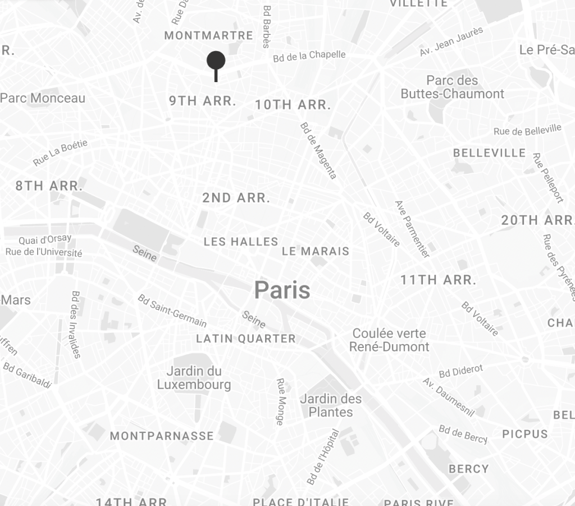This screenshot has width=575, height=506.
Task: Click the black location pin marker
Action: click(x=216, y=61)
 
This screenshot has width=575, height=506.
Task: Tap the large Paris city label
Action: click(x=282, y=290)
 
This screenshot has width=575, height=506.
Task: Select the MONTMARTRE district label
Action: click(x=209, y=35)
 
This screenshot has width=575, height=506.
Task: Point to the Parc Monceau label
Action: click(x=43, y=98)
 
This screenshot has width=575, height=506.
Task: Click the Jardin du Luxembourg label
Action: click(x=194, y=378)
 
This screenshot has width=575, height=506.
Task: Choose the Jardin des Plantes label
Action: click(x=331, y=405)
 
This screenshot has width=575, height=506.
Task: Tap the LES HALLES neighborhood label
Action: click(x=241, y=242)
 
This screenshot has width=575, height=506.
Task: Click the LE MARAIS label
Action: click(x=316, y=251)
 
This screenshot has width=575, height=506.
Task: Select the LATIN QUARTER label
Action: click(x=246, y=338)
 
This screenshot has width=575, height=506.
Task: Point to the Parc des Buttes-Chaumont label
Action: click(x=453, y=87)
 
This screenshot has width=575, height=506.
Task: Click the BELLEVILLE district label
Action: click(x=490, y=153)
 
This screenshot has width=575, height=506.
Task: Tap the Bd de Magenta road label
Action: click(x=318, y=150)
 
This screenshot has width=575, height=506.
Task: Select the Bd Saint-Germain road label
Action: click(x=172, y=310)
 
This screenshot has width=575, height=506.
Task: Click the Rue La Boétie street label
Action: click(x=60, y=153)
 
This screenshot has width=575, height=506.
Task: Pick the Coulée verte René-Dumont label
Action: click(x=389, y=340)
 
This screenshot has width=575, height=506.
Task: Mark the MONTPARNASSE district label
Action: click(x=162, y=436)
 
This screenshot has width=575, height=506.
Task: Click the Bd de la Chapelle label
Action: click(x=309, y=56)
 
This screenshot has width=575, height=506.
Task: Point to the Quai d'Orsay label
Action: click(x=45, y=240)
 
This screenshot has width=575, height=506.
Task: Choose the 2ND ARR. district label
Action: click(x=236, y=198)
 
